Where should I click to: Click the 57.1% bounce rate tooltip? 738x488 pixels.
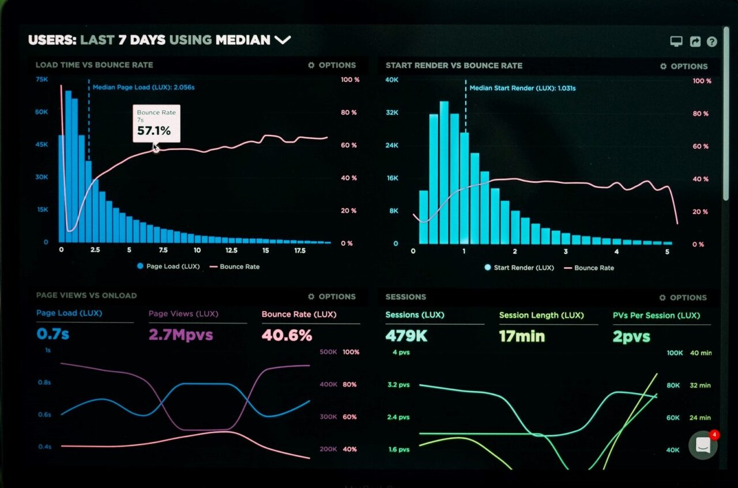156,123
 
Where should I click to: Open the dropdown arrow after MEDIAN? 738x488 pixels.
283,40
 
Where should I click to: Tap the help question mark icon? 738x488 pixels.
712,42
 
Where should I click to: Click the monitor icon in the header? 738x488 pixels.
676,42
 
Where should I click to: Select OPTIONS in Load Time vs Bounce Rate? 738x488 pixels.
332,65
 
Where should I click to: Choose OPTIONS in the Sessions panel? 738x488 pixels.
683,298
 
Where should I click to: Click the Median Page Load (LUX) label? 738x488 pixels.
144,87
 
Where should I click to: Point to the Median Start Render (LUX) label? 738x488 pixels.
522,88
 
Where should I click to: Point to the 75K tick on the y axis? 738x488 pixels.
42,79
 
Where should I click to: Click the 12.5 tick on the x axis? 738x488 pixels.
231,250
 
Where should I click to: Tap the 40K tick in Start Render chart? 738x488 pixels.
392,80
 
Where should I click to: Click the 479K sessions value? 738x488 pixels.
406,336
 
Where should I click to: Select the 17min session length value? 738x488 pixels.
522,336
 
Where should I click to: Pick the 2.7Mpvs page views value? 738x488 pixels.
180,335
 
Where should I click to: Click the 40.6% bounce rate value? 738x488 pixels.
287,335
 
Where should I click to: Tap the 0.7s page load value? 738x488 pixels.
52,333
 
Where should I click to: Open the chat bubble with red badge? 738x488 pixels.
703,445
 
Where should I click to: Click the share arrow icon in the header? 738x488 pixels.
695,42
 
